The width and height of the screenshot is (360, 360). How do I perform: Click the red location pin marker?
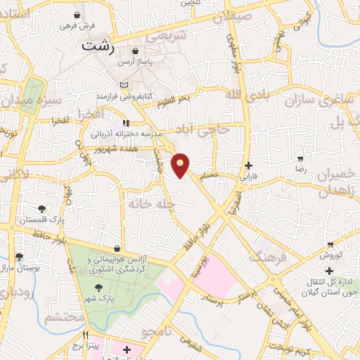point(181,165)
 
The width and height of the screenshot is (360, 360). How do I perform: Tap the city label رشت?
point(97,47)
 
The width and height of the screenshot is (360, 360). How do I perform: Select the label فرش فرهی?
point(77,26)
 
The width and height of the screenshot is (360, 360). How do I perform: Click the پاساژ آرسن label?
point(154,62)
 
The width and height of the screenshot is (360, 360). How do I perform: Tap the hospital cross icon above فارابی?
point(247,166)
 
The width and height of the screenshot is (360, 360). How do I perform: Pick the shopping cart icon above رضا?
point(301,160)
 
